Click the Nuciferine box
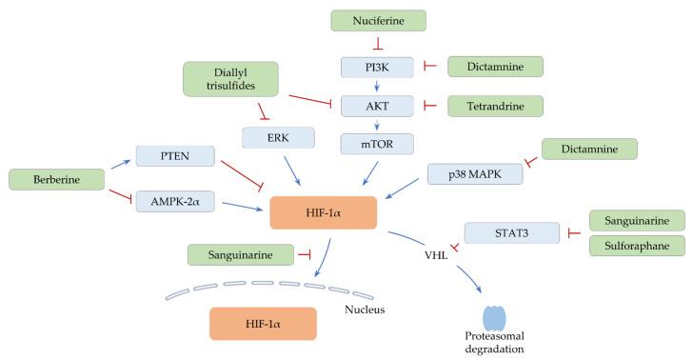click(378, 19)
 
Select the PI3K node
click(378, 67)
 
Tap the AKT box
click(378, 105)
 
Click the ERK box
click(280, 138)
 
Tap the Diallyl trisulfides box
click(230, 79)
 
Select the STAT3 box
click(511, 232)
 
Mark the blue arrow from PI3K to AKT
click(378, 86)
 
